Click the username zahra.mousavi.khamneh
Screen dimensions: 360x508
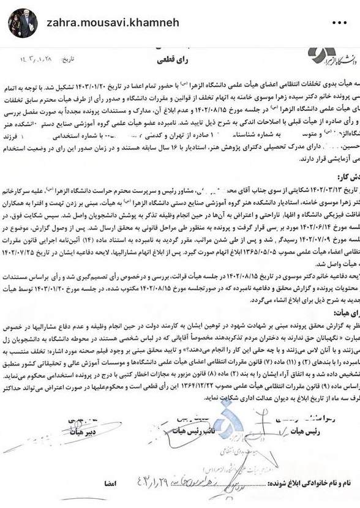pyautogui.click(x=113, y=22)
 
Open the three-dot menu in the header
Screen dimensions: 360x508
pyautogui.click(x=339, y=22)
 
